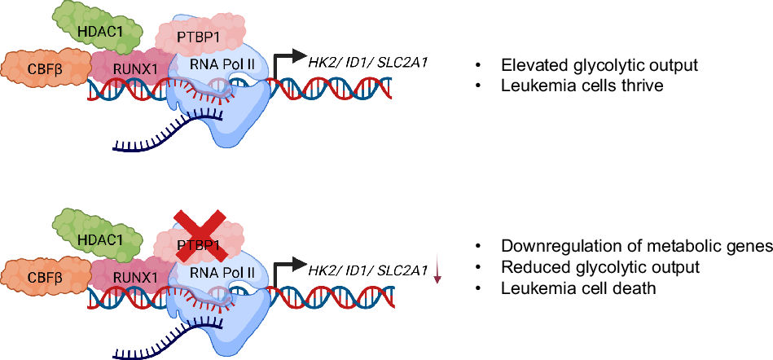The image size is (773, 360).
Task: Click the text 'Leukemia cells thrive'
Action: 582,86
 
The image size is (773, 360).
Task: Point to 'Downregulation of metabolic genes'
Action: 637,246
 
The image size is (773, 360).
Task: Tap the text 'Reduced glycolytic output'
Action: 600,267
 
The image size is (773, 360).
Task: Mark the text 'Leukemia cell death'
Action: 579,288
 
